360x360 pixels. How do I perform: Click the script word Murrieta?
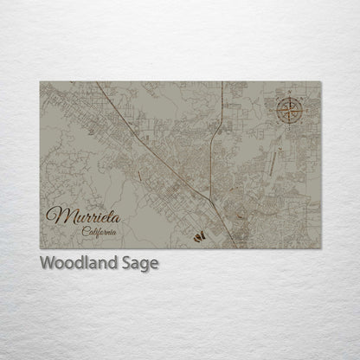tap(84, 214)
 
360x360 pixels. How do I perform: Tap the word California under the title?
tap(100, 231)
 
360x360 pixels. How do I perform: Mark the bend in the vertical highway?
tap(216, 138)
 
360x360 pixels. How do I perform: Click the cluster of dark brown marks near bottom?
tap(199, 235)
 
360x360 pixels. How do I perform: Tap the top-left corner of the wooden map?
tap(40, 82)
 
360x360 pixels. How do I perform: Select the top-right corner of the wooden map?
tap(320, 82)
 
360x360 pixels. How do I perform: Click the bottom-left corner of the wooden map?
tap(40, 247)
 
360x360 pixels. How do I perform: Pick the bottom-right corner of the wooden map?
tap(320, 247)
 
